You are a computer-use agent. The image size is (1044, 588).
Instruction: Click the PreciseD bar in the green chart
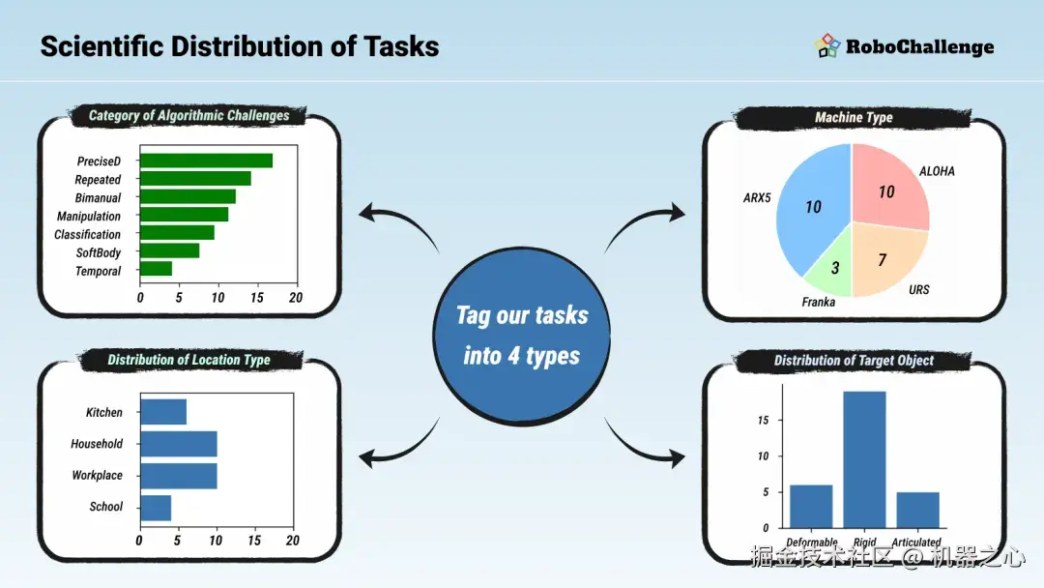[x=207, y=161]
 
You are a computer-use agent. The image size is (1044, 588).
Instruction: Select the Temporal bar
[x=157, y=268]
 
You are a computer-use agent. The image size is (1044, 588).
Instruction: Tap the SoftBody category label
[x=99, y=253]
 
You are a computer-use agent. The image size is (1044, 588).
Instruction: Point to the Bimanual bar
[x=188, y=196]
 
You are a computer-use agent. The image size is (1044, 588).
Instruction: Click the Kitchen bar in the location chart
[x=163, y=412]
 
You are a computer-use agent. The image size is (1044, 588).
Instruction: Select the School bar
[x=156, y=508]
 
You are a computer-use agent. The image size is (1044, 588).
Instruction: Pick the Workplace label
[x=98, y=475]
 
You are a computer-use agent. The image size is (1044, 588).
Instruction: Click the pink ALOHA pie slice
[x=889, y=190]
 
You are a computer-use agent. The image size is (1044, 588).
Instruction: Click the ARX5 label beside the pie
[x=757, y=198]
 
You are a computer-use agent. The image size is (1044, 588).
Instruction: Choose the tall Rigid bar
[x=864, y=459]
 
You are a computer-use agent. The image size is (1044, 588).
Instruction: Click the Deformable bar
[x=811, y=506]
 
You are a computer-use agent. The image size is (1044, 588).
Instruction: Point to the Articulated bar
[x=918, y=510]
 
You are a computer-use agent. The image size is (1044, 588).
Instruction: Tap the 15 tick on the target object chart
[x=763, y=420]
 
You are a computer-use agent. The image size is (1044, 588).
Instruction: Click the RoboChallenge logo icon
[x=826, y=46]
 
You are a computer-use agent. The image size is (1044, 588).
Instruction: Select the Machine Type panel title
[x=854, y=117]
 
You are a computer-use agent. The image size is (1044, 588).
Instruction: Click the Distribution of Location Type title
[x=189, y=360]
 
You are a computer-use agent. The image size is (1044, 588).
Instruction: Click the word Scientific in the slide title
[x=101, y=46]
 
